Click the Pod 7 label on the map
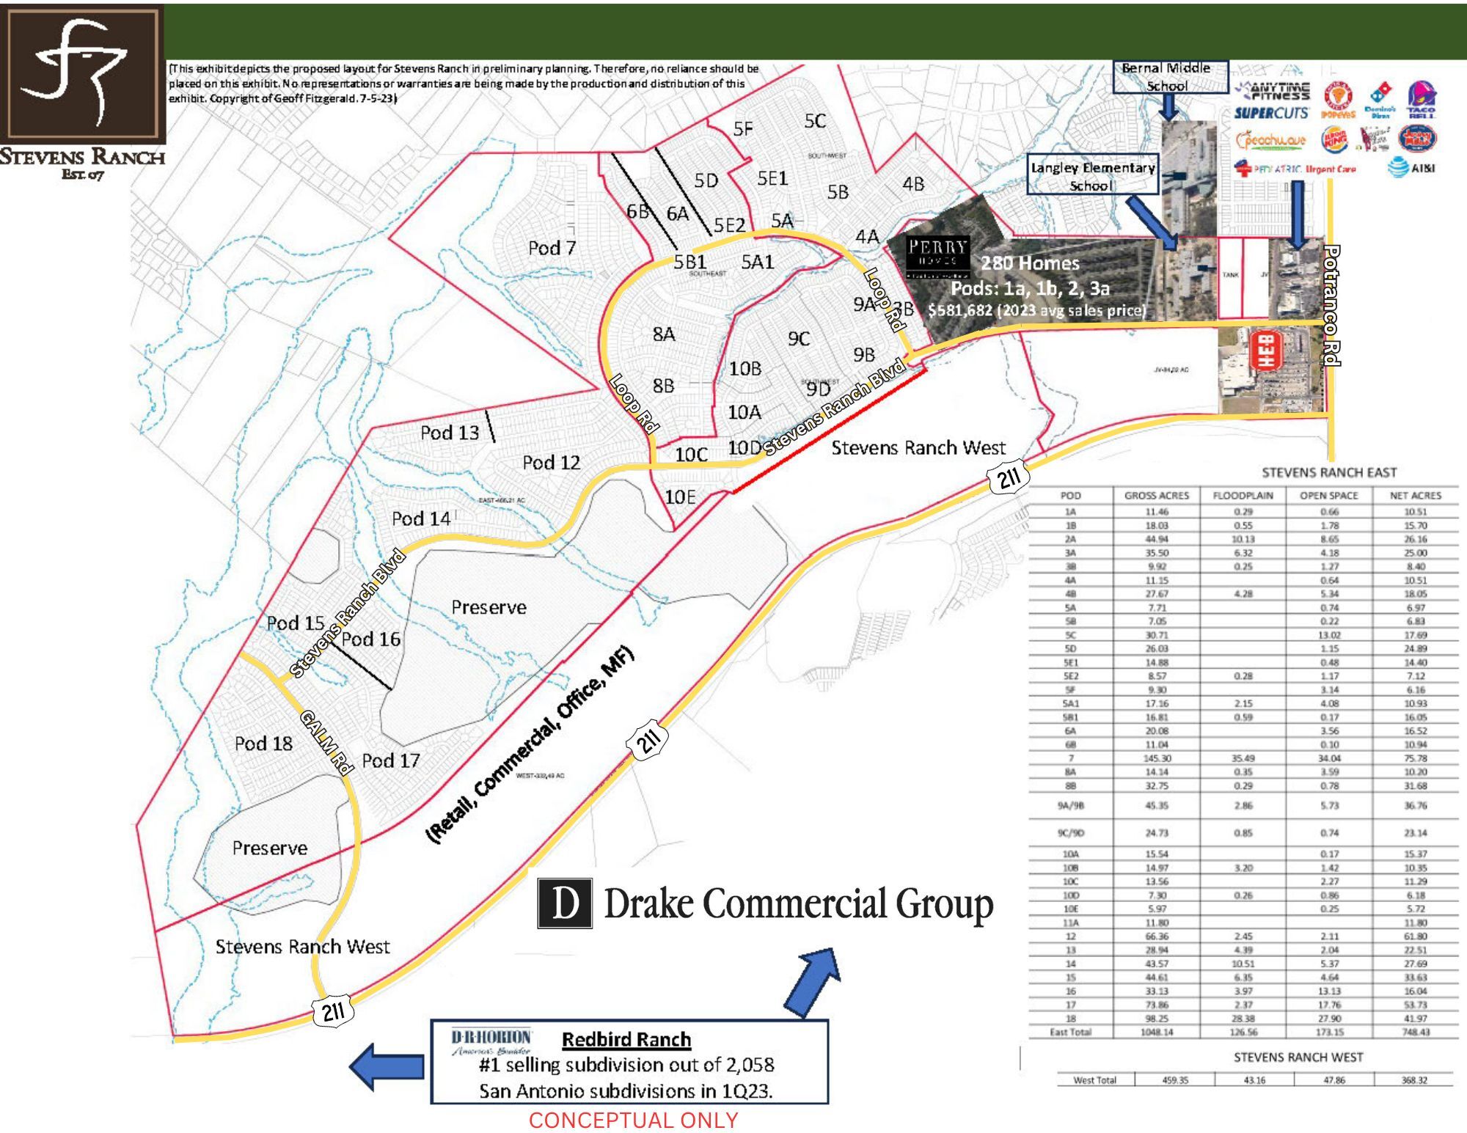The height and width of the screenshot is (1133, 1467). (552, 248)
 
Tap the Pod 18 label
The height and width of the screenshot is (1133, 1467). (263, 744)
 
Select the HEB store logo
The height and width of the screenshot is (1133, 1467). (1267, 351)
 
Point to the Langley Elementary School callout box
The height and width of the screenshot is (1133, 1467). (1092, 175)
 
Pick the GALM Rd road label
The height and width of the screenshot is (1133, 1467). (327, 741)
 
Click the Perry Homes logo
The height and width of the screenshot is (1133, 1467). (937, 256)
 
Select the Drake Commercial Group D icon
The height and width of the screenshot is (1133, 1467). (565, 903)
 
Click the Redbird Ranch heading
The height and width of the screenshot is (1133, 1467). (626, 1040)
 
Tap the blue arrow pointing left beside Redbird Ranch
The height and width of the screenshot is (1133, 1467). (387, 1066)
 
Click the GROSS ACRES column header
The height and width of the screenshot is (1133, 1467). (1156, 496)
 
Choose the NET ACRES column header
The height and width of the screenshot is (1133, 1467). (1415, 496)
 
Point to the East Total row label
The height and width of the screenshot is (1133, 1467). (1070, 1032)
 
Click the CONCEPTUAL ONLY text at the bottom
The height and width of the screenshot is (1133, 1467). (633, 1121)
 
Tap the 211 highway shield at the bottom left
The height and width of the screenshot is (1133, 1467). (333, 1012)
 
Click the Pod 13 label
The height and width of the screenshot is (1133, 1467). (450, 433)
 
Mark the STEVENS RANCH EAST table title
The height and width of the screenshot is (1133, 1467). (1328, 473)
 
